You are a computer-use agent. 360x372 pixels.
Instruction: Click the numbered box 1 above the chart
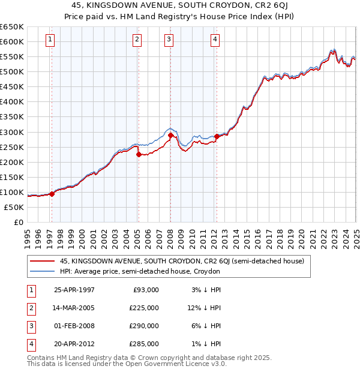(49, 40)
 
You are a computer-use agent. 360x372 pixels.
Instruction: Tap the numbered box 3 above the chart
(169, 40)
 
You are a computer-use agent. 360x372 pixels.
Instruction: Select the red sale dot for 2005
(139, 154)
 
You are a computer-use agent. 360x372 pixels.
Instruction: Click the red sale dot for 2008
(170, 135)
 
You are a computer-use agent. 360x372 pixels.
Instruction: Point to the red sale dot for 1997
(52, 194)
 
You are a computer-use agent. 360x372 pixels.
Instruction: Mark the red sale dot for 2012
(217, 136)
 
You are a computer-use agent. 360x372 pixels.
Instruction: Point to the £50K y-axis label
(14, 207)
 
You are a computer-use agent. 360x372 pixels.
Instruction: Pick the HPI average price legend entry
(140, 271)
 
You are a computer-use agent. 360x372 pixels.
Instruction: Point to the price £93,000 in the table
(146, 289)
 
